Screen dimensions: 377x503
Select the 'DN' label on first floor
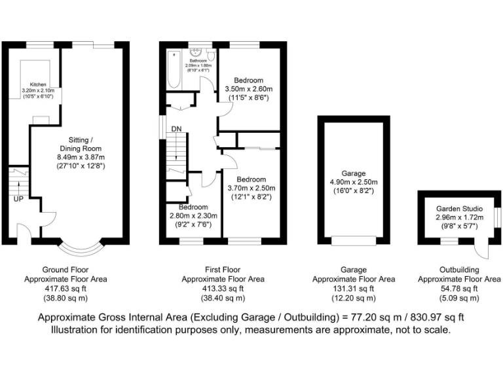pyautogui.click(x=176, y=129)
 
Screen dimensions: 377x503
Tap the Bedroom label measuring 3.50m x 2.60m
pyautogui.click(x=249, y=81)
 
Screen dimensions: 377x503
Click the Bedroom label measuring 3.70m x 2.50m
pyautogui.click(x=251, y=179)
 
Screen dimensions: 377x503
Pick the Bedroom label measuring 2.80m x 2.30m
pyautogui.click(x=193, y=207)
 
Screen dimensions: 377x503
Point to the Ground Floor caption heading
pyautogui.click(x=65, y=270)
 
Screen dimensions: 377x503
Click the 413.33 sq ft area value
pyautogui.click(x=223, y=288)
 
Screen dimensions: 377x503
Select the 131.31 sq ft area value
pyautogui.click(x=354, y=288)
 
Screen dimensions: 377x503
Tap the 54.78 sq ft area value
pyautogui.click(x=459, y=288)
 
